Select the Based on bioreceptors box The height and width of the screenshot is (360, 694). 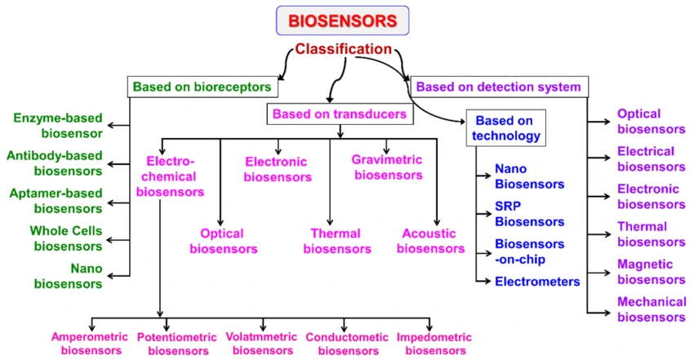point(202,87)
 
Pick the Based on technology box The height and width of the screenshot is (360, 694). point(505,127)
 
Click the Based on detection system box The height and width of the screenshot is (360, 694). point(498,87)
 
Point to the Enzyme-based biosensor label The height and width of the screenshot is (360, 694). point(57,125)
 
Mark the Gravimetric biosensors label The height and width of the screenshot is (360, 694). point(387,167)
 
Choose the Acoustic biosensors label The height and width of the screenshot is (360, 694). point(429,241)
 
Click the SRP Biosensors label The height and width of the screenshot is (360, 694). point(529,214)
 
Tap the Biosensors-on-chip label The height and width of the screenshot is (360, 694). point(529,251)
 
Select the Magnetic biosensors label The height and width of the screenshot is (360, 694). point(651,272)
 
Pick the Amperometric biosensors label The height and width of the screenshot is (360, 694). point(86,344)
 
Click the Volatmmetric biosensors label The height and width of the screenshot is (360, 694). point(263,344)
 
